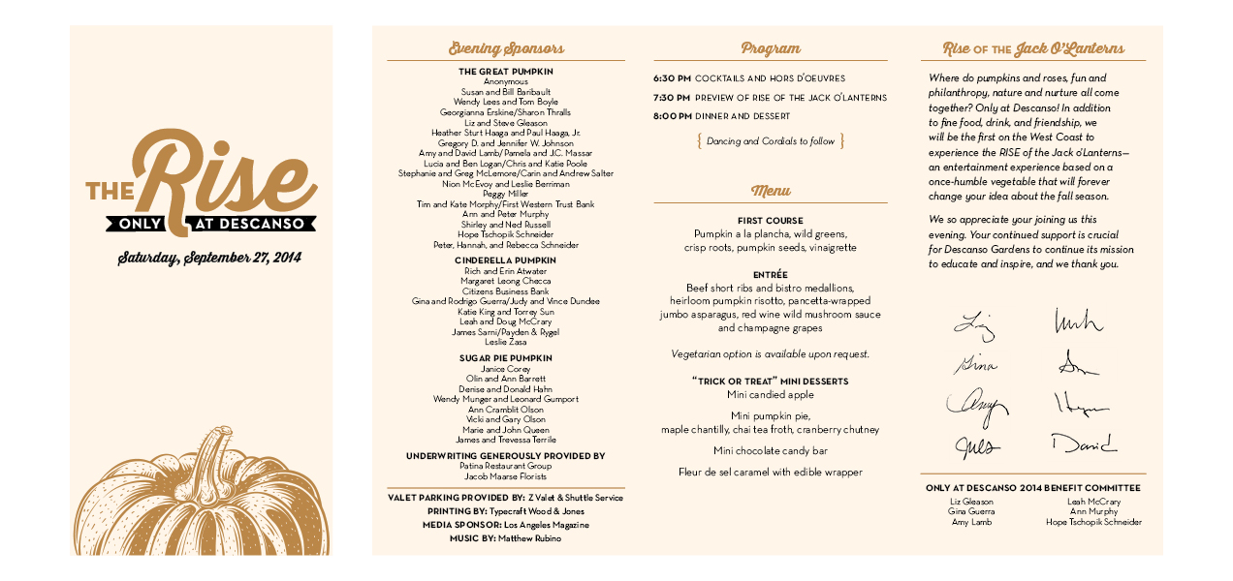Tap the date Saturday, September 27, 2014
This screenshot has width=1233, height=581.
pyautogui.click(x=209, y=258)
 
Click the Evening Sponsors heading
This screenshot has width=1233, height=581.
pyautogui.click(x=506, y=48)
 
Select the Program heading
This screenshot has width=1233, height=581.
pyautogui.click(x=771, y=48)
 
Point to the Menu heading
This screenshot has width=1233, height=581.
pyautogui.click(x=771, y=191)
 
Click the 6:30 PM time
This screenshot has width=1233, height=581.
pyautogui.click(x=672, y=78)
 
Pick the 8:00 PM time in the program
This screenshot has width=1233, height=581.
pyautogui.click(x=672, y=116)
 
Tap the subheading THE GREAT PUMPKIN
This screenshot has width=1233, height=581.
pyautogui.click(x=506, y=72)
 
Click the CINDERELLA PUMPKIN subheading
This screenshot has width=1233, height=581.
pyautogui.click(x=506, y=260)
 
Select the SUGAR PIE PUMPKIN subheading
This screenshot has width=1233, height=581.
pyautogui.click(x=506, y=358)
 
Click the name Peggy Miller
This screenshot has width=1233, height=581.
pyautogui.click(x=506, y=194)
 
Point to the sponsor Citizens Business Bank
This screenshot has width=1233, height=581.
pyautogui.click(x=506, y=291)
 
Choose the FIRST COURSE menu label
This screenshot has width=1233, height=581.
pyautogui.click(x=771, y=221)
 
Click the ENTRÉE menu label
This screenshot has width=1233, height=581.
pyautogui.click(x=771, y=275)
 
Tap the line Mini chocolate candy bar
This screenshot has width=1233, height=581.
pyautogui.click(x=771, y=451)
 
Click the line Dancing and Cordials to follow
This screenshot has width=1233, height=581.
pyautogui.click(x=771, y=141)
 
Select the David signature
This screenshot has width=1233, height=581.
pyautogui.click(x=1083, y=444)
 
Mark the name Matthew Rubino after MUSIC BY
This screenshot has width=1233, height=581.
pyautogui.click(x=529, y=538)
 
